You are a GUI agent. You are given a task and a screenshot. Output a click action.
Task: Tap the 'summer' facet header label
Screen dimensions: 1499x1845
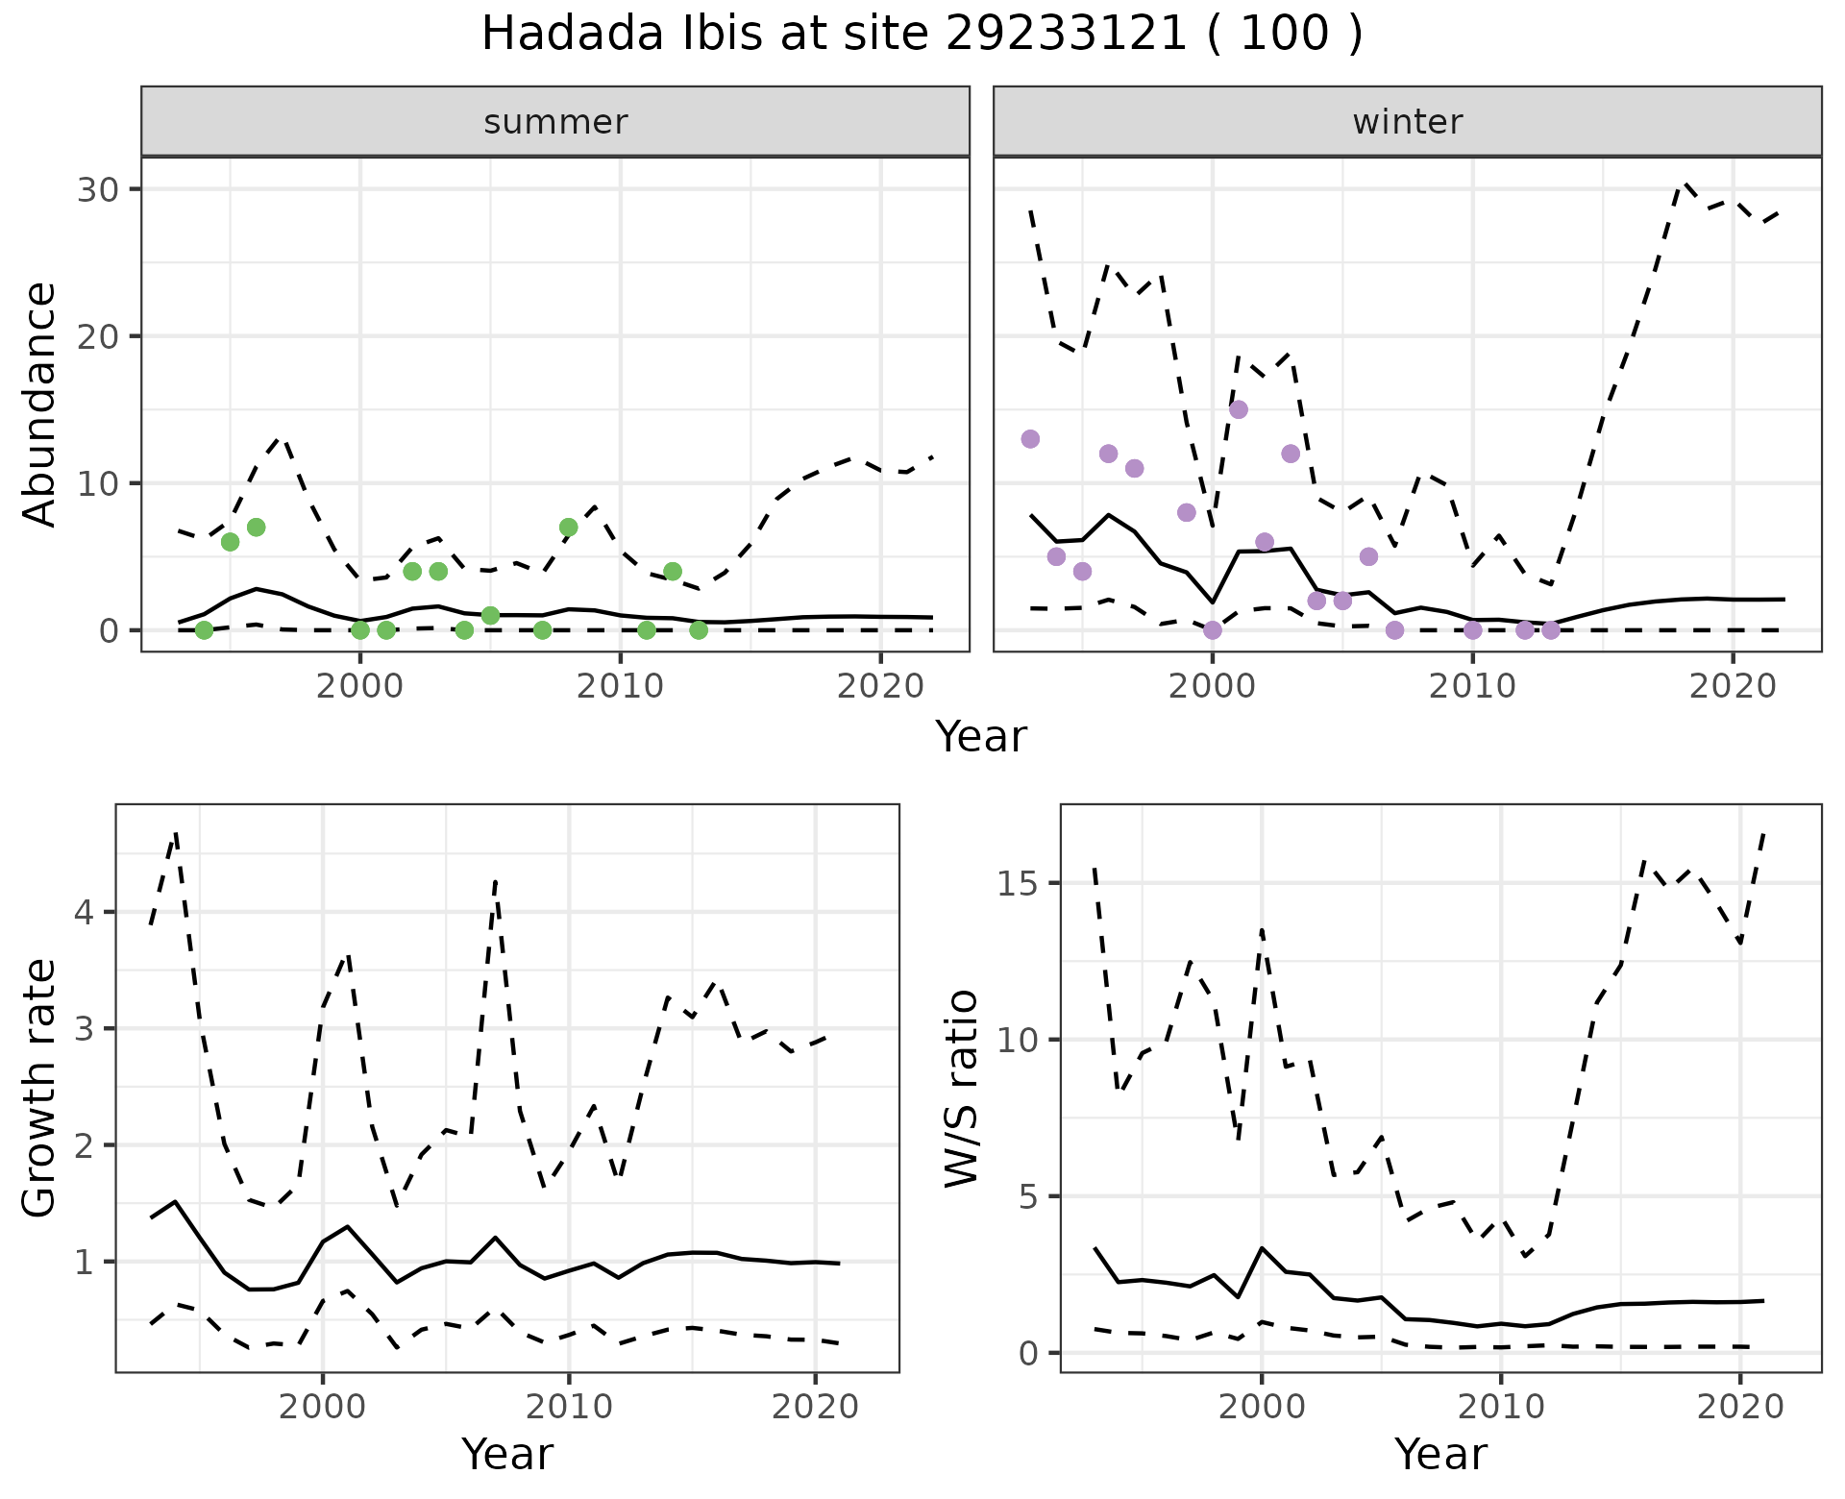coord(555,122)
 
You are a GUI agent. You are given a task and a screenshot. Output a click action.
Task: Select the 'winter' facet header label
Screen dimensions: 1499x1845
coord(1407,122)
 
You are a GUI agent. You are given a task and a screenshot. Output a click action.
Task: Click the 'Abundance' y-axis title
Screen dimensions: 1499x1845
coord(40,404)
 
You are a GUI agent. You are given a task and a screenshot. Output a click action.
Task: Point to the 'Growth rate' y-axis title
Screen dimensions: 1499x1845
coord(40,1089)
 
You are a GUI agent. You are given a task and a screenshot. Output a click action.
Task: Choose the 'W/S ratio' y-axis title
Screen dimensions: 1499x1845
coord(962,1089)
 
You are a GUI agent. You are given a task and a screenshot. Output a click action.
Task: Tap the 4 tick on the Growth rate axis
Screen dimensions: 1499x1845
coord(84,912)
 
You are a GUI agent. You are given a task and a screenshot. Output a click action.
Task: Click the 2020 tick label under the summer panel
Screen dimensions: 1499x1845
coord(881,686)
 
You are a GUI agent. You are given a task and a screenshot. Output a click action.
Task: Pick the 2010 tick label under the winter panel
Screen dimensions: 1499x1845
coord(1472,686)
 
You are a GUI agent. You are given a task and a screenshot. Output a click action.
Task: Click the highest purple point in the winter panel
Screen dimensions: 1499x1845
coord(1239,409)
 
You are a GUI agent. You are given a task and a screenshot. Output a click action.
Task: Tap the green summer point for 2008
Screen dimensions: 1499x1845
coord(568,527)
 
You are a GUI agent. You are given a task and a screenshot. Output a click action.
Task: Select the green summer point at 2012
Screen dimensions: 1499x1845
coord(673,571)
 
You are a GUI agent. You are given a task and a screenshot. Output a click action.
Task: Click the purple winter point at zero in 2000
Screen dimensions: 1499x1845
coord(1213,629)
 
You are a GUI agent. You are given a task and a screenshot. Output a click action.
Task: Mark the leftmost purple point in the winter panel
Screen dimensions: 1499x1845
coord(1030,439)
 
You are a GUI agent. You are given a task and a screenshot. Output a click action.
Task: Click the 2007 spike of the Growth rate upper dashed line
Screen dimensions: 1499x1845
coord(495,880)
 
